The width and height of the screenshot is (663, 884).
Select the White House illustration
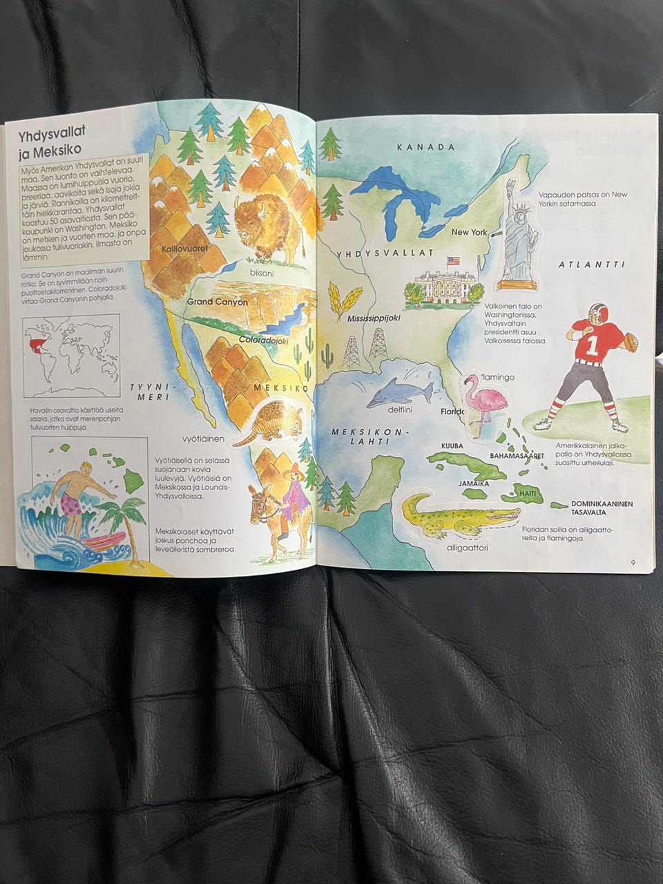coord(441,287)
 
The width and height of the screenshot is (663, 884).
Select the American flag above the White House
coord(453,262)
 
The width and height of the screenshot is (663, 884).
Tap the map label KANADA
coord(426,147)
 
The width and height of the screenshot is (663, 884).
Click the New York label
coord(470,232)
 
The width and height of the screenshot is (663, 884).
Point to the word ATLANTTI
coord(592,265)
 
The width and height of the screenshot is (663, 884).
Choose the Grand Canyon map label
coord(217,302)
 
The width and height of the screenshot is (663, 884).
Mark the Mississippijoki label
coord(374,320)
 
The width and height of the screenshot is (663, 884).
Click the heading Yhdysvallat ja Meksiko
coord(51,140)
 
